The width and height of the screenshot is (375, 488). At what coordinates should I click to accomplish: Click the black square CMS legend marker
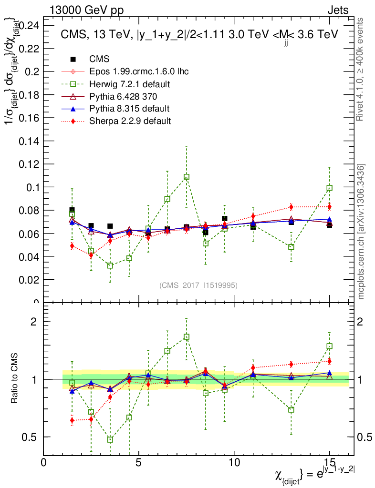pos(73,60)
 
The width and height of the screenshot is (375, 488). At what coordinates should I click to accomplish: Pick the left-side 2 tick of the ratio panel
pos(34,321)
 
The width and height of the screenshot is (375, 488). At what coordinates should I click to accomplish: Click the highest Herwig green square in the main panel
pos(187,177)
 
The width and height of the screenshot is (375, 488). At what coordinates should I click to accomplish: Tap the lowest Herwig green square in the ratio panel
pos(110,439)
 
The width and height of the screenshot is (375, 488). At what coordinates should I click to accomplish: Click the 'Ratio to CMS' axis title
pos(14,378)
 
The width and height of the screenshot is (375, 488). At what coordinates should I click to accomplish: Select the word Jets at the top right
pos(338,10)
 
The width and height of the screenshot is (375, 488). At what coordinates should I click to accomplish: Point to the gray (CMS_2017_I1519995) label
pos(198,285)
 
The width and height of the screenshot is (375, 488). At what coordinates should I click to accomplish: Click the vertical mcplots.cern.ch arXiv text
pos(362,232)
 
